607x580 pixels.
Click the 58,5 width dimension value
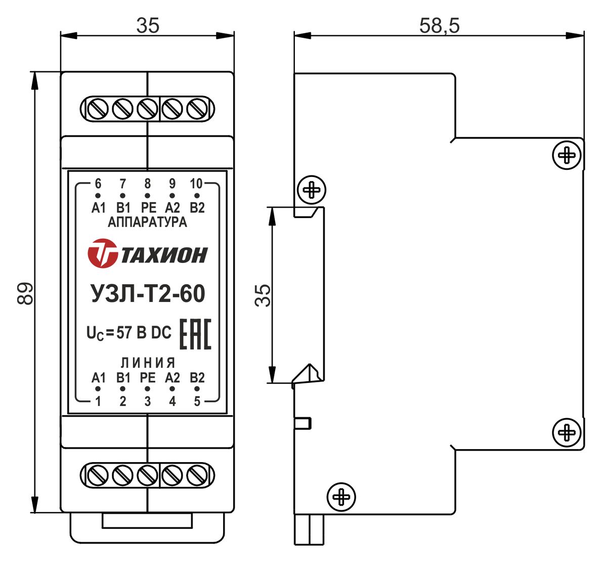pos(439,26)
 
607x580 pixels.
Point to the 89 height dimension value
pos(25,293)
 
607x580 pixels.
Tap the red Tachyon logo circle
pos(102,253)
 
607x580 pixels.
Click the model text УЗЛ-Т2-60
pos(148,293)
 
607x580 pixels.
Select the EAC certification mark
pos(196,334)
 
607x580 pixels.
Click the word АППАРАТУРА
pos(147,222)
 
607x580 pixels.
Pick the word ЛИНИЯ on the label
pos(148,363)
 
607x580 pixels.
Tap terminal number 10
pos(196,184)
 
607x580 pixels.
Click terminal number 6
pos(98,184)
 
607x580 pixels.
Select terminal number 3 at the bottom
pos(148,401)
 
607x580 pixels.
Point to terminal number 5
pos(197,401)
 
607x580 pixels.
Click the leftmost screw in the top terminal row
pos(98,109)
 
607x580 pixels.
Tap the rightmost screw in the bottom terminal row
pos(197,475)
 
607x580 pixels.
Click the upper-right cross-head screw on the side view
pos(567,155)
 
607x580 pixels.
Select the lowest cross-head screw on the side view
pos(341,497)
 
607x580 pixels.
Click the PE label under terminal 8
pos(149,207)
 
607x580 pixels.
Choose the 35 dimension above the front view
pos(148,26)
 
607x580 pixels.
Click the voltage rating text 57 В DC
pos(144,332)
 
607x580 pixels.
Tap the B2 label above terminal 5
pos(197,378)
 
